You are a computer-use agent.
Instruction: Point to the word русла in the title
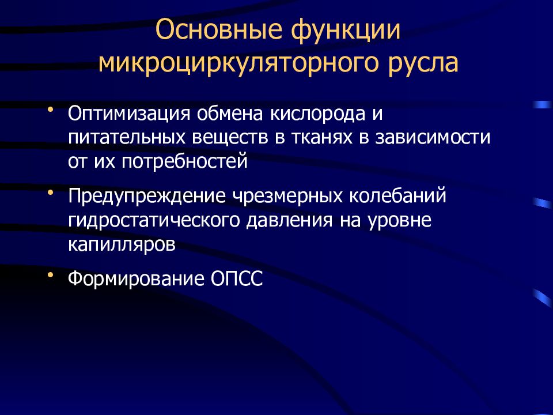425,63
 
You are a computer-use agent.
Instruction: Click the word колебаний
398,196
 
